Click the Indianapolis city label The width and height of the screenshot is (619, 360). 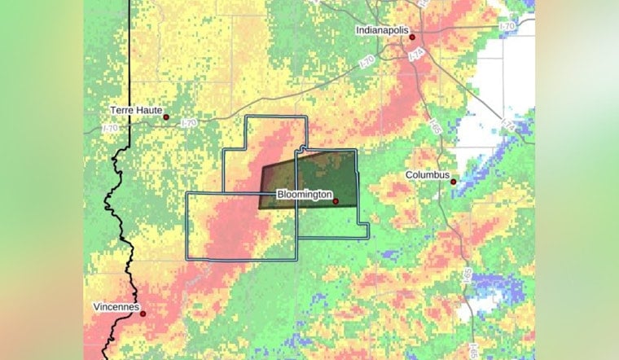(380, 30)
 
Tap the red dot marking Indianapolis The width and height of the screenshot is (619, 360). (412, 37)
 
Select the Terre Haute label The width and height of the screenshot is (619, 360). (136, 109)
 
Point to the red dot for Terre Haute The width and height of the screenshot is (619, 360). (166, 117)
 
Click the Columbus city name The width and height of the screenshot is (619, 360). (428, 174)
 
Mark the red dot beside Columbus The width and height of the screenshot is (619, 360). (454, 181)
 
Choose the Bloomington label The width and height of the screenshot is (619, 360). (303, 195)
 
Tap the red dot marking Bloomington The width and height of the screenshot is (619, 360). (335, 200)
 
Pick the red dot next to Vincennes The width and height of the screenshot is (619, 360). (143, 314)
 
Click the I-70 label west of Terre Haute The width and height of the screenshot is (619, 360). (110, 128)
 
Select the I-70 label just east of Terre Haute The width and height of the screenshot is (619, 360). (189, 123)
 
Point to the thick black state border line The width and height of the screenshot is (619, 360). (121, 212)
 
